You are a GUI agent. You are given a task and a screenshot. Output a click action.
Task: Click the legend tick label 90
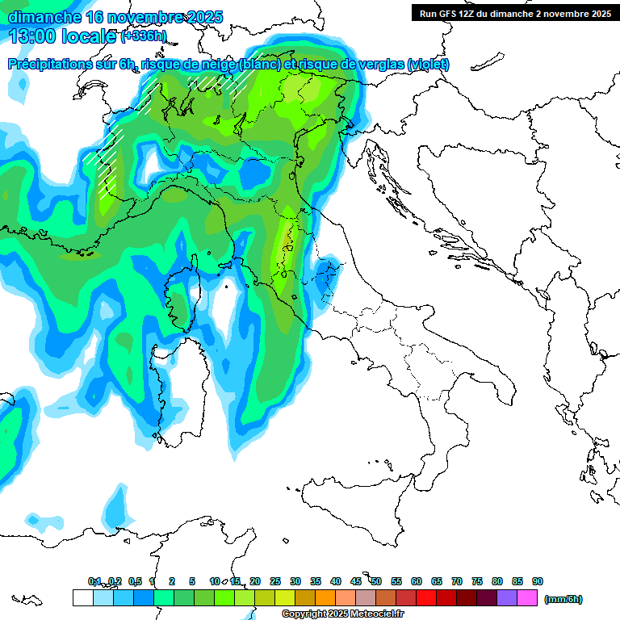(x=538, y=581)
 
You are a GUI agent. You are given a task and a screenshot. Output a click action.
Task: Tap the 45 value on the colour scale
(x=356, y=581)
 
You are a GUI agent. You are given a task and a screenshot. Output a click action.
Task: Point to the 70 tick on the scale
(x=457, y=581)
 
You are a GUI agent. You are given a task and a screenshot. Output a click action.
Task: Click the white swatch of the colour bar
(x=82, y=598)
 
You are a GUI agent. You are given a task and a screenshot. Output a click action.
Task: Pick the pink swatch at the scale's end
(x=527, y=598)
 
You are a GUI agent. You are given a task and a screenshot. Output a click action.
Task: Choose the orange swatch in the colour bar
(x=325, y=598)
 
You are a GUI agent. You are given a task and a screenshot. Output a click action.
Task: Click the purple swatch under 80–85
(x=507, y=598)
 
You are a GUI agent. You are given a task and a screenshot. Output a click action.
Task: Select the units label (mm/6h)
(x=563, y=599)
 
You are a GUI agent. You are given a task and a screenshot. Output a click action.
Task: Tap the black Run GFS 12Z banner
(x=515, y=13)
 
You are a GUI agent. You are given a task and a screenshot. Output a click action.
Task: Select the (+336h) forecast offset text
(x=144, y=36)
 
